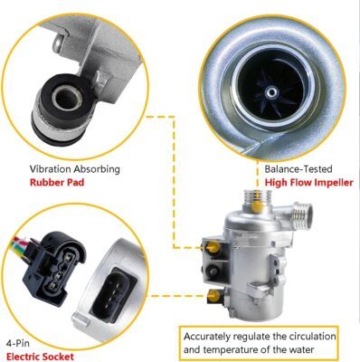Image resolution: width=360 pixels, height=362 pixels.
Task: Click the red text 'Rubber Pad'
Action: [x=57, y=183]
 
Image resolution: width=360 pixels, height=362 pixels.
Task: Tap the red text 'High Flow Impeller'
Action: [x=309, y=183]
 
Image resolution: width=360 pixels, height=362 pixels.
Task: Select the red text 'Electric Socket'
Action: [x=40, y=357]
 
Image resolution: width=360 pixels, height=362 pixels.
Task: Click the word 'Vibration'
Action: [x=50, y=169]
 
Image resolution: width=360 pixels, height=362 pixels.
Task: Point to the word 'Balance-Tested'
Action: [x=298, y=169]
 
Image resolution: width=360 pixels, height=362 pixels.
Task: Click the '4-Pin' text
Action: [x=18, y=343]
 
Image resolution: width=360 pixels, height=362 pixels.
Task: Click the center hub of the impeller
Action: [x=272, y=91]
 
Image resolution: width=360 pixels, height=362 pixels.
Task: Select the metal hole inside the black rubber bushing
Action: [x=65, y=97]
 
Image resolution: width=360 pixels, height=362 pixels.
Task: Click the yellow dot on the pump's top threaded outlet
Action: [x=257, y=206]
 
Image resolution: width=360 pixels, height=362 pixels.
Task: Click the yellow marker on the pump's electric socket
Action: [x=214, y=295]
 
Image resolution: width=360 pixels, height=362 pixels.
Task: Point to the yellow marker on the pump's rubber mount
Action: [x=214, y=247]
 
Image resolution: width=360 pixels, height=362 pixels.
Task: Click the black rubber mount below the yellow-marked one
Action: [x=213, y=271]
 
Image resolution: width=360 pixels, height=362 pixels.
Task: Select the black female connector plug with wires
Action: [x=54, y=269]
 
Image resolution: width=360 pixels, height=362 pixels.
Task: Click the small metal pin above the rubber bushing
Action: [x=58, y=43]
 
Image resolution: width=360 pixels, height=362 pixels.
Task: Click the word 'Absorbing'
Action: [x=97, y=169]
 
